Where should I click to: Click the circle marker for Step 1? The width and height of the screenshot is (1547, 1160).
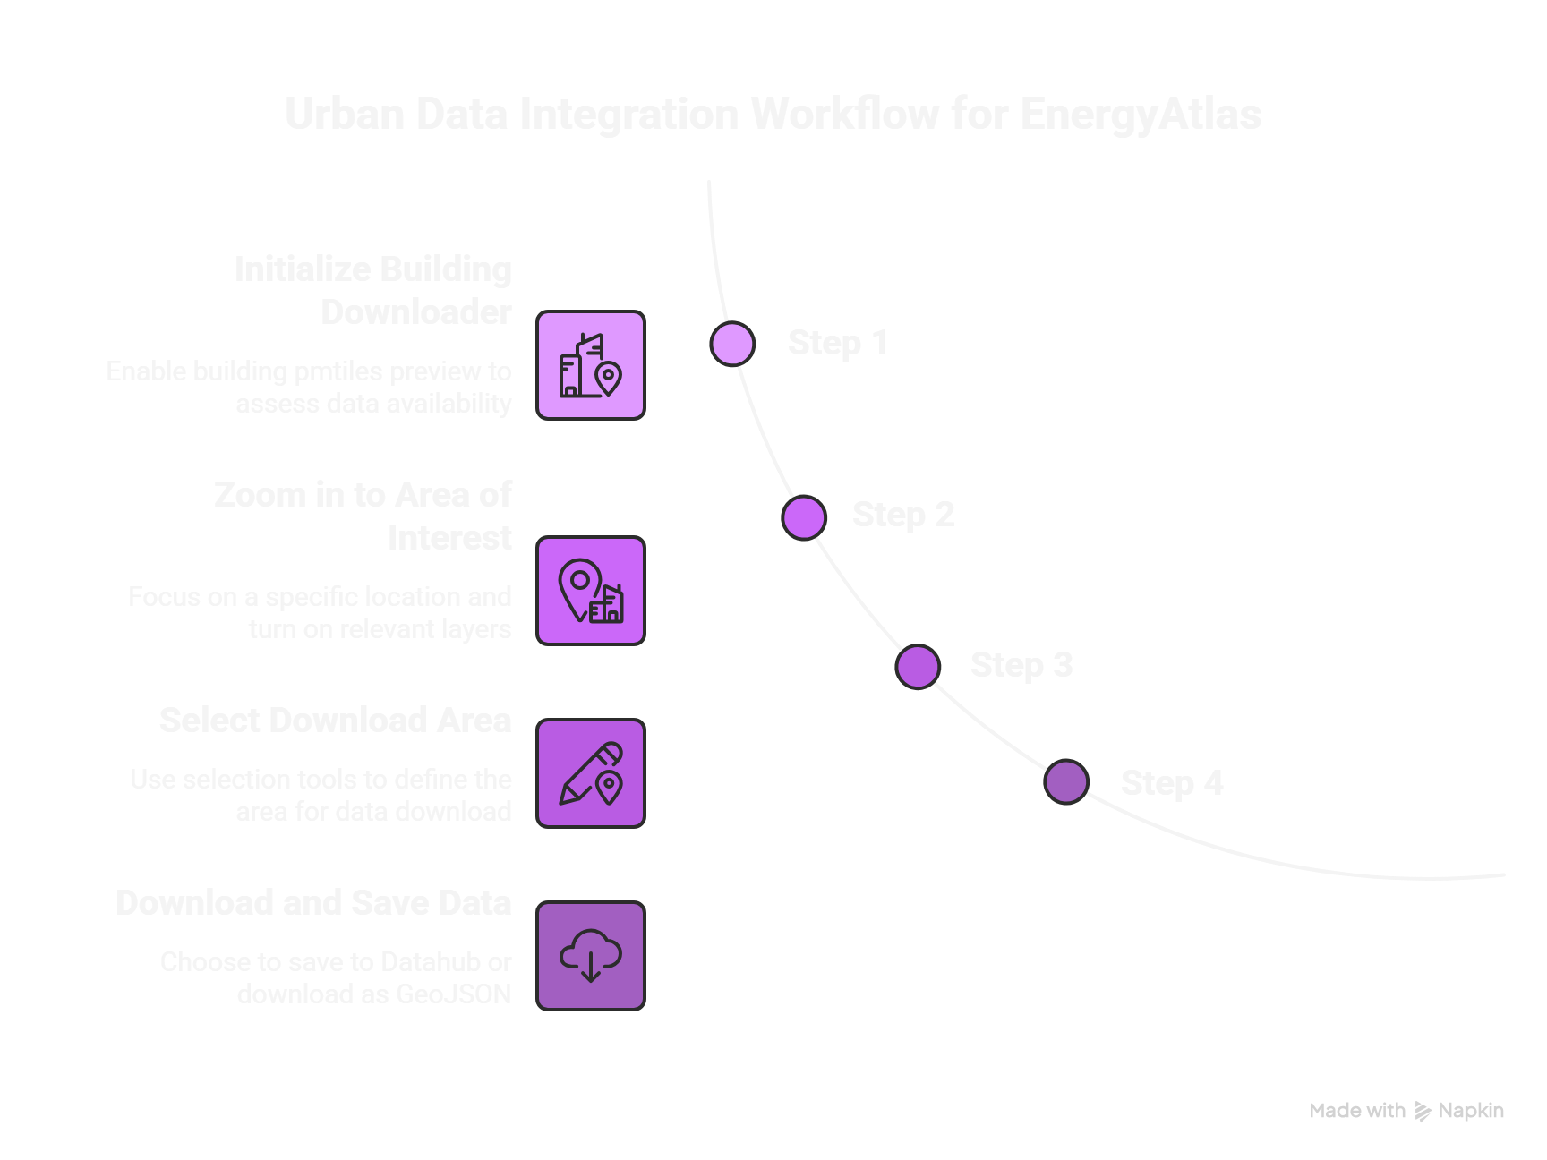tap(732, 344)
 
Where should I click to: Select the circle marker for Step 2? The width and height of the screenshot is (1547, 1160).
tap(803, 517)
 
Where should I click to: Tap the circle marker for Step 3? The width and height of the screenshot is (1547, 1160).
tap(918, 667)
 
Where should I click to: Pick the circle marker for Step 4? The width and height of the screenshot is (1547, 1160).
tap(1066, 782)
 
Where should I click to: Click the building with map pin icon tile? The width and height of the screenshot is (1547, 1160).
tap(591, 365)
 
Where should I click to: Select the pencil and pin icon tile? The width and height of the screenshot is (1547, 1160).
tap(591, 773)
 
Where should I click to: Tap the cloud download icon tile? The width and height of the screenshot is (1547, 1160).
tap(591, 956)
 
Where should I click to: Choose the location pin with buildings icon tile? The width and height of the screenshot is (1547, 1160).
tap(591, 591)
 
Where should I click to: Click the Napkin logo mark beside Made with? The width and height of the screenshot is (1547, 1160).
tap(1423, 1112)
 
